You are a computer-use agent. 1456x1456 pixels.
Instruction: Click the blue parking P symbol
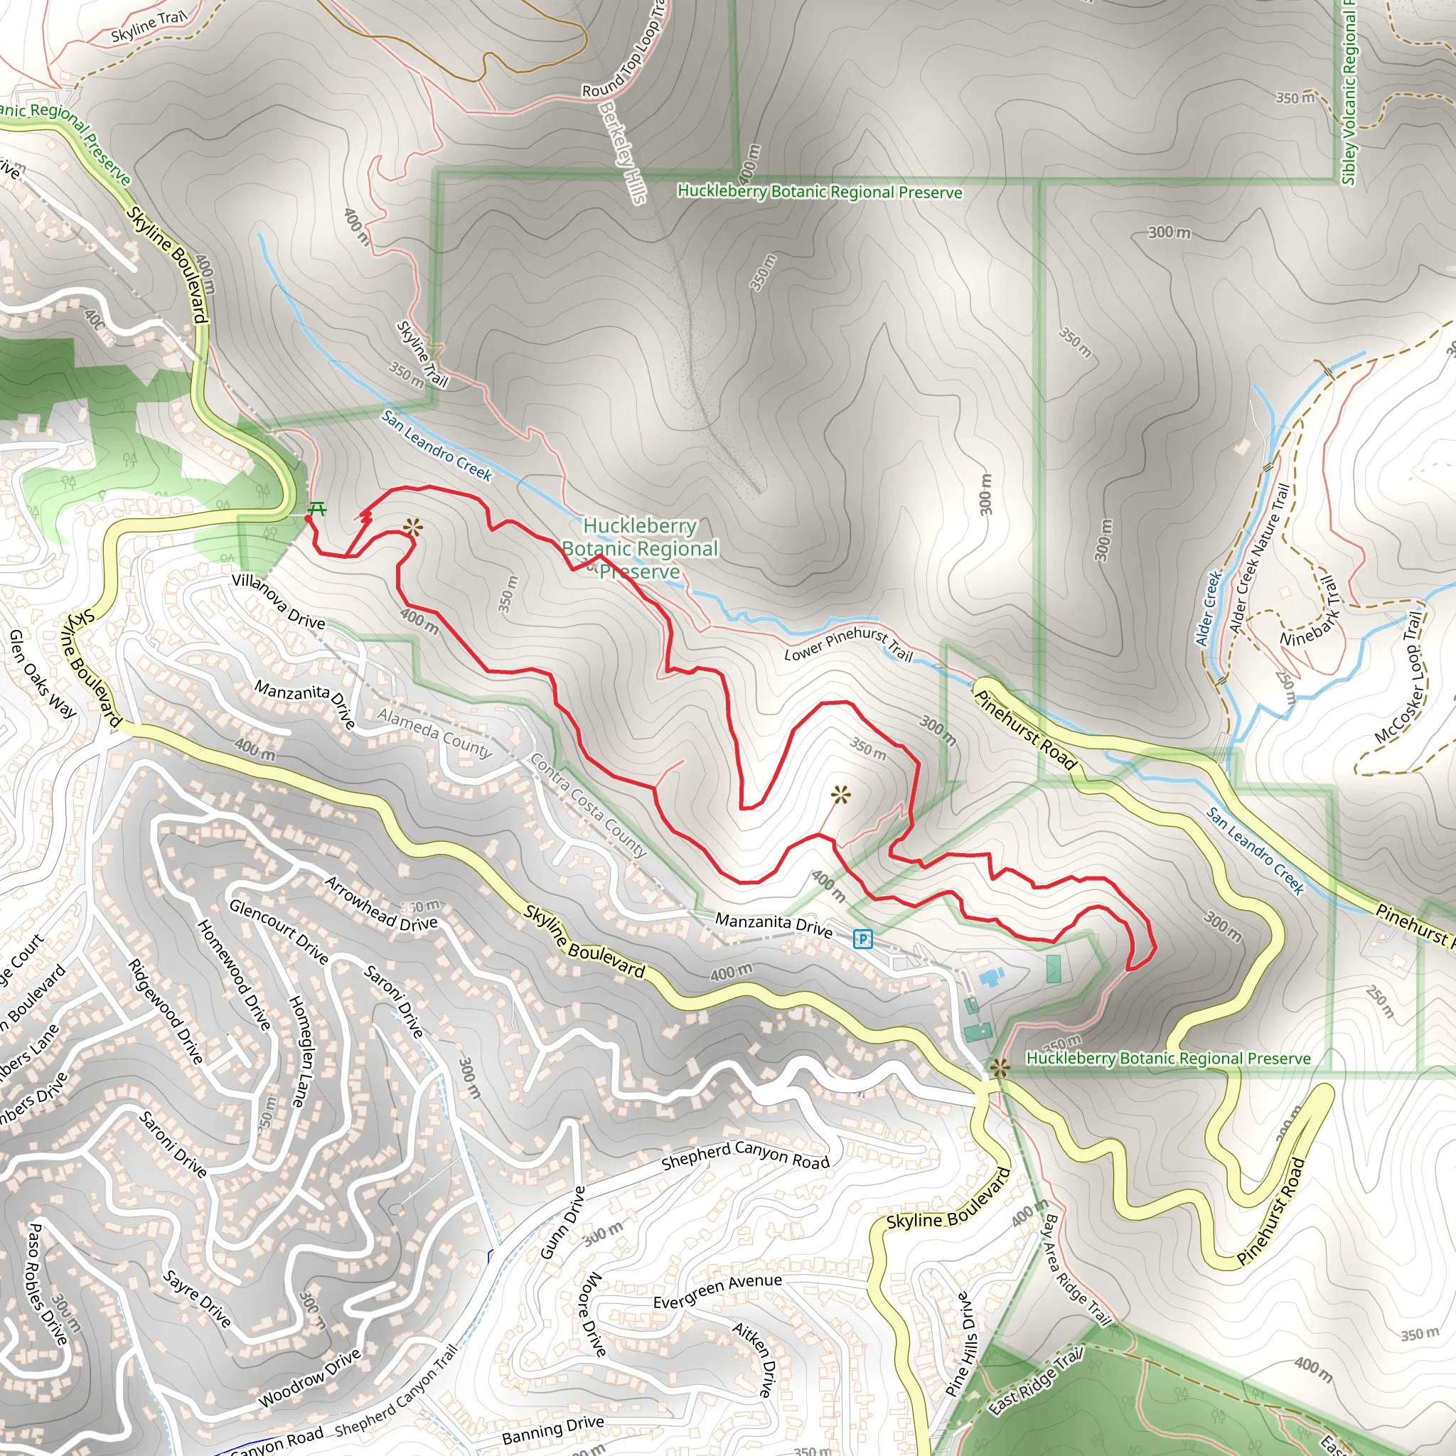click(x=862, y=939)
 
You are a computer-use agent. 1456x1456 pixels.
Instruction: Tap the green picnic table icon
click(x=317, y=510)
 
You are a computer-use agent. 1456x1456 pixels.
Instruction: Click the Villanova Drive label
click(x=278, y=601)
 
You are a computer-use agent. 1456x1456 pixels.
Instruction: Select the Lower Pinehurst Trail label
click(x=848, y=644)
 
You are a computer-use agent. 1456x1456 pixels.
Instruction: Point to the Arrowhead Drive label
click(x=381, y=904)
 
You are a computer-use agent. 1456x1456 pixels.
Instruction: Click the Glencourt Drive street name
click(x=279, y=931)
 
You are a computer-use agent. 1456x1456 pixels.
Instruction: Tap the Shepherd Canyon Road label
click(x=745, y=1155)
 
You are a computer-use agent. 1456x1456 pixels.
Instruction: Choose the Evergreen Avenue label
click(x=717, y=1292)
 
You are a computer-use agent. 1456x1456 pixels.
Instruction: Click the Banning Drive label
click(x=552, y=1430)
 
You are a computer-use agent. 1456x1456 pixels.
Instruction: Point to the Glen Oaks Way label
click(x=42, y=674)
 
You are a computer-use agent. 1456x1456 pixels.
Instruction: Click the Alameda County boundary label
click(x=435, y=732)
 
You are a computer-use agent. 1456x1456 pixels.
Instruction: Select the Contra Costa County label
click(x=589, y=804)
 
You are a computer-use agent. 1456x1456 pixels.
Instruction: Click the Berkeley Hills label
click(x=623, y=152)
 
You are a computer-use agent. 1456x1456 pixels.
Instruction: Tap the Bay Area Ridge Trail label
click(x=1076, y=1269)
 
